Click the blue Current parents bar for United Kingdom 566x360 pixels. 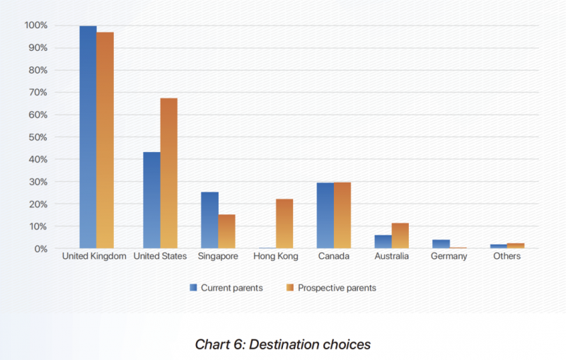[x=88, y=137]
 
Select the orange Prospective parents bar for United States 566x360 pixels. [x=169, y=173]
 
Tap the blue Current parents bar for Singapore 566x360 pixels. [x=209, y=220]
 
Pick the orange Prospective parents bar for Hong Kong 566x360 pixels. [x=284, y=223]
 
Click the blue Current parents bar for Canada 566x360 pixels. [x=325, y=216]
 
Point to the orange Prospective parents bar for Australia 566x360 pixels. [x=400, y=236]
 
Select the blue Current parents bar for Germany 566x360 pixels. [x=441, y=244]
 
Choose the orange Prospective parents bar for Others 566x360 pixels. [x=516, y=245]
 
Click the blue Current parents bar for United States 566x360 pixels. [x=151, y=200]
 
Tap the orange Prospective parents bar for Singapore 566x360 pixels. [x=226, y=231]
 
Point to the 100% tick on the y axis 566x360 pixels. [x=36, y=25]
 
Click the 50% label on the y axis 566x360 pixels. [x=38, y=137]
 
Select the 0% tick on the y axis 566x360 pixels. [x=41, y=249]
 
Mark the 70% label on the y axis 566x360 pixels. [x=38, y=93]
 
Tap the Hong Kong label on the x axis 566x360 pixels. [x=276, y=257]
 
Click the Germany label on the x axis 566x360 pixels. [x=449, y=257]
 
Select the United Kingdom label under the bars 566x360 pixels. [x=94, y=256]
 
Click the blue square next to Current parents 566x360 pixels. [x=193, y=287]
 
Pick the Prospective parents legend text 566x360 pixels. [x=337, y=288]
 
